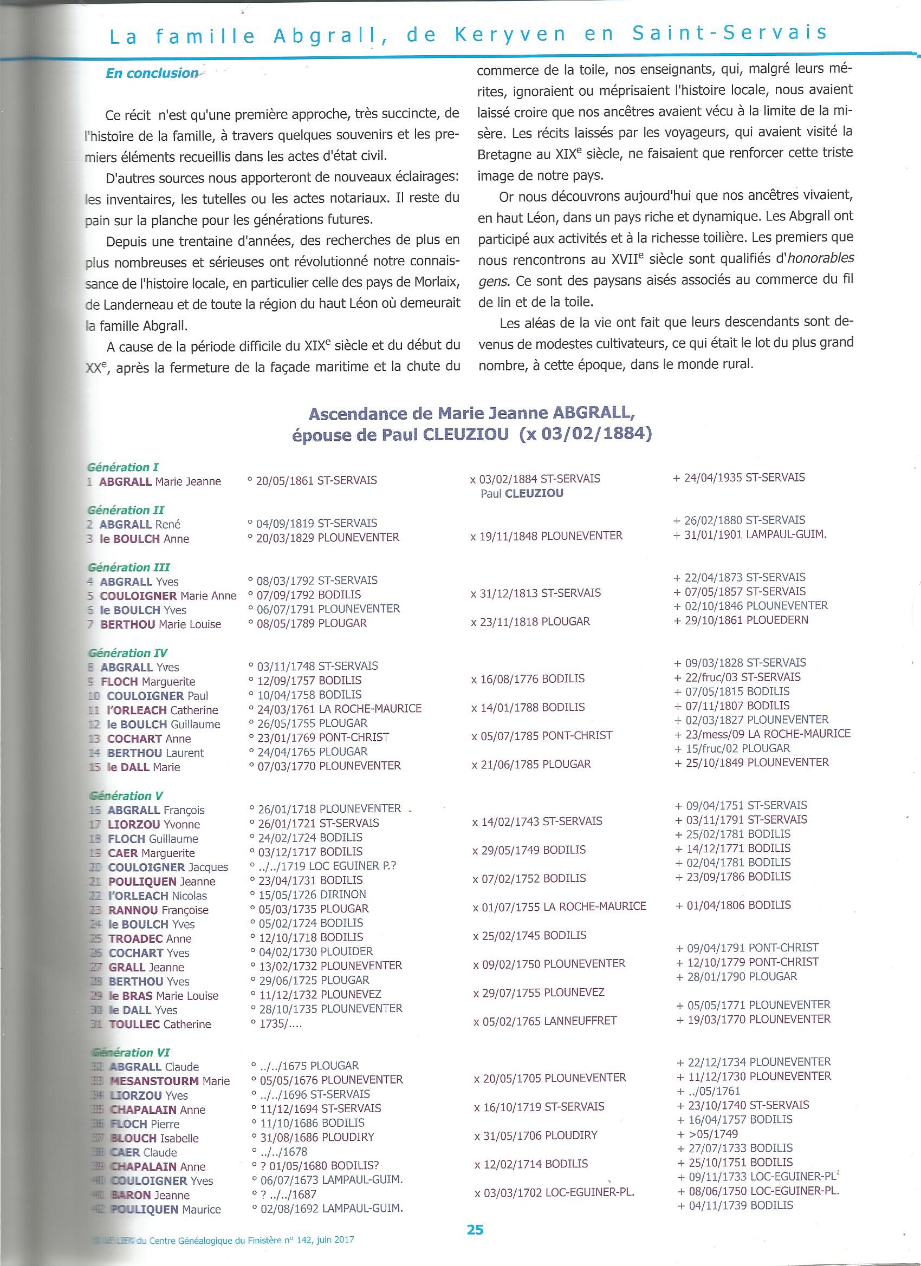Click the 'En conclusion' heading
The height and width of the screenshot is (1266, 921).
[x=151, y=74]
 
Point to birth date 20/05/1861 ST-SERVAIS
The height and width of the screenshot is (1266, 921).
[x=312, y=480]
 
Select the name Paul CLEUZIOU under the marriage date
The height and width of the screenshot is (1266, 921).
[x=522, y=493]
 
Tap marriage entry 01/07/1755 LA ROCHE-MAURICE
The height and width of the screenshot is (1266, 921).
[x=559, y=906]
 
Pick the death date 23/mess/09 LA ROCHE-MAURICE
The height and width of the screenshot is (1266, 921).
[x=762, y=734]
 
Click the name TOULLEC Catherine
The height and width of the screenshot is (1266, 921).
[x=159, y=1024]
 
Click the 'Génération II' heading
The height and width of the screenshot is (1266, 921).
[x=126, y=510]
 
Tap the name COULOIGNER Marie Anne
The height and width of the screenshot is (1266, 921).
[x=167, y=596]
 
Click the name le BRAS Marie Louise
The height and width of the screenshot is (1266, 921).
[x=163, y=995]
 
